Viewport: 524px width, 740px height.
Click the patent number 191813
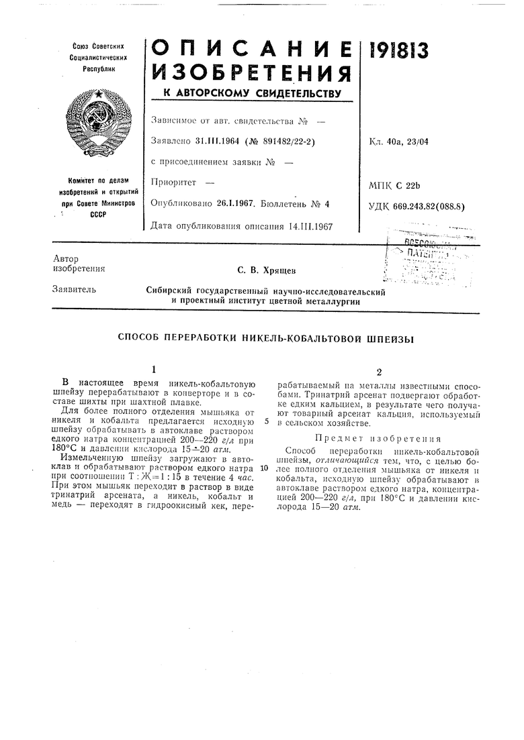click(400, 52)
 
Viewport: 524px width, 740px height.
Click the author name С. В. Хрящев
click(267, 270)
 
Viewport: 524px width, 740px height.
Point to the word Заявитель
click(73, 290)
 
